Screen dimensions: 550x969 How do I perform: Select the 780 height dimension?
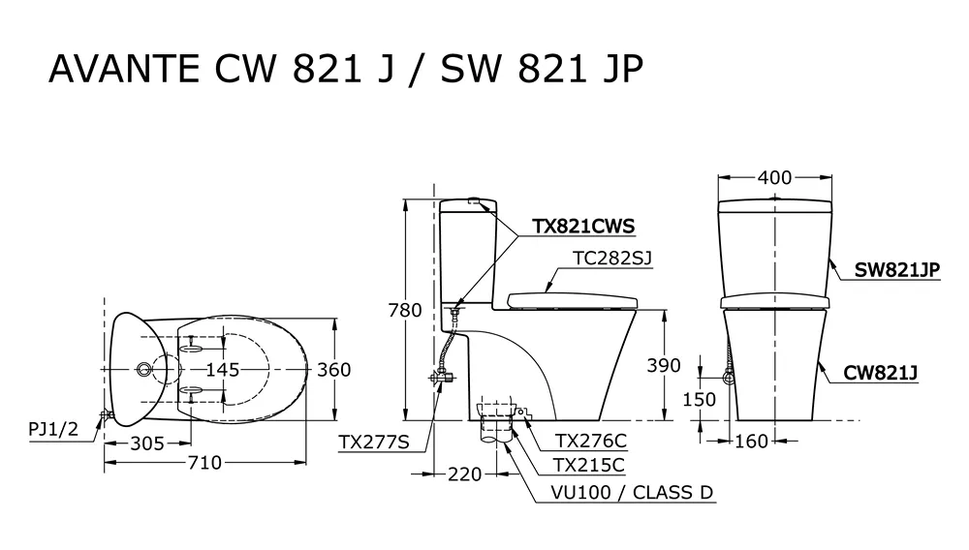[404, 311]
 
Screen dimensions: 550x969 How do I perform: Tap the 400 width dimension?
[774, 177]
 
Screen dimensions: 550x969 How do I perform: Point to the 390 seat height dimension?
[663, 365]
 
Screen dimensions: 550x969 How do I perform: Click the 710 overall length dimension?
[204, 462]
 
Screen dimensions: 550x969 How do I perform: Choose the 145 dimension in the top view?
[222, 369]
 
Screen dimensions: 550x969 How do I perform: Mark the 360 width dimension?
[332, 369]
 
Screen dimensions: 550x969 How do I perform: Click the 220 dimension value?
[466, 474]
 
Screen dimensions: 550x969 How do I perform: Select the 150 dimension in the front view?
[699, 399]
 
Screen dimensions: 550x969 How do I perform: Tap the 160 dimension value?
[751, 442]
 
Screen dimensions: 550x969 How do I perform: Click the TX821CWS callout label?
[582, 227]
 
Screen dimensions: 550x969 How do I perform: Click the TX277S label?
[374, 442]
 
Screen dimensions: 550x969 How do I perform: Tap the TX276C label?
[590, 441]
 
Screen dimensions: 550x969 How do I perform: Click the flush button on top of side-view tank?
[475, 202]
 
